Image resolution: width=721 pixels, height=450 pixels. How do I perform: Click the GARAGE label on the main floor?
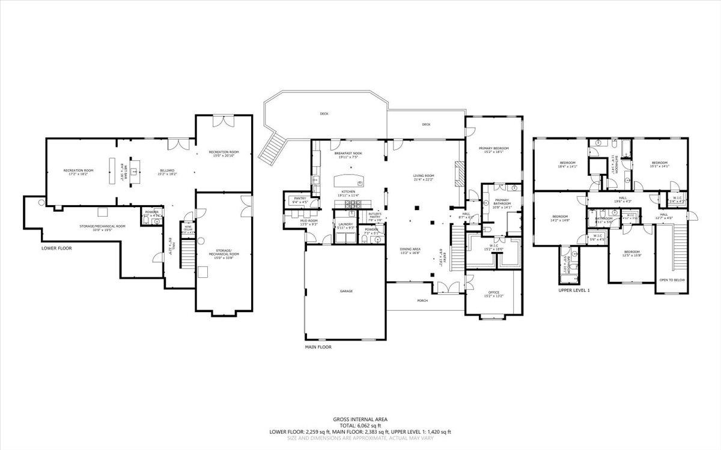tap(346, 291)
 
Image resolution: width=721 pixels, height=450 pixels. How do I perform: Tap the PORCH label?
tap(423, 301)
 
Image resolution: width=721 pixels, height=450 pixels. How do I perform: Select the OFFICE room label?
tap(494, 292)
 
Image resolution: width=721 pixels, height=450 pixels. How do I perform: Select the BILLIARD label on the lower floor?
tap(167, 170)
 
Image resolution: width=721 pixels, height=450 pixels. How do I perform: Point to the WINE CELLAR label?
tap(187, 228)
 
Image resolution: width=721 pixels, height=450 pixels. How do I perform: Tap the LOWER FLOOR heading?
tap(57, 248)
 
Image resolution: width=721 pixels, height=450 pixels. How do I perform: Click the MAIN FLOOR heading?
tap(318, 347)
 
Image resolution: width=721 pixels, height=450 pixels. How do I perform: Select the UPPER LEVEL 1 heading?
tap(574, 290)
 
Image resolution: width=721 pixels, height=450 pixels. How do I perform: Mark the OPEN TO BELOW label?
tap(672, 280)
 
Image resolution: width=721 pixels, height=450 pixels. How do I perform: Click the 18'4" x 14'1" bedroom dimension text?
tap(568, 167)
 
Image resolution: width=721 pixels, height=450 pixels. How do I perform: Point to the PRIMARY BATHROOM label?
tap(501, 204)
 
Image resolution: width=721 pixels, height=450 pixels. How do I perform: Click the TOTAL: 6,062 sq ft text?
tap(360, 425)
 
